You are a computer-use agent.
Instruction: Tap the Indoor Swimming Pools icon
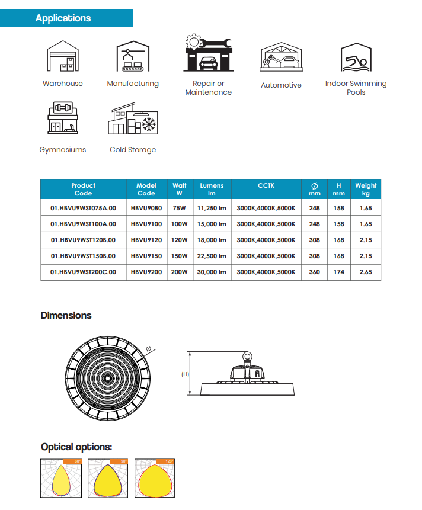click(356, 57)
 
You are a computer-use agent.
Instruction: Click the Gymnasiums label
click(63, 150)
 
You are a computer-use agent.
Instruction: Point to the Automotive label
click(281, 85)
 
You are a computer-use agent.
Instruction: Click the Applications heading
click(63, 18)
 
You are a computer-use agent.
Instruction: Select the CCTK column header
click(266, 186)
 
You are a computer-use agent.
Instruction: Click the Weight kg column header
click(366, 190)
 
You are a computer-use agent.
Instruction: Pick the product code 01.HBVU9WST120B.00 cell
click(84, 240)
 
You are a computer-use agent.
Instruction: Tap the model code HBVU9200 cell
click(146, 272)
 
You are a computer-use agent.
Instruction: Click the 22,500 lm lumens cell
click(212, 256)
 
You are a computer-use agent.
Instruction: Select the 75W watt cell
click(179, 208)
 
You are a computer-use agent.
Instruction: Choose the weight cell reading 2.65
click(366, 272)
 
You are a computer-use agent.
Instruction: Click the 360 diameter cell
click(315, 272)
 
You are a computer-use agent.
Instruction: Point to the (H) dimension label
click(184, 374)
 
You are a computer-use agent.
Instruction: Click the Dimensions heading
click(66, 315)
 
